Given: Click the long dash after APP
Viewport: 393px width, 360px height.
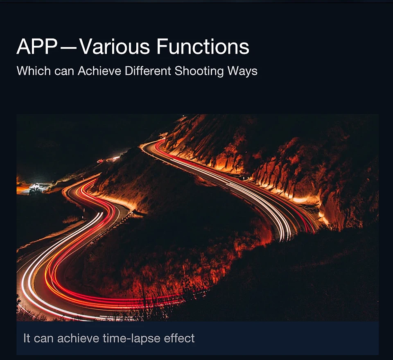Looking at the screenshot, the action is click(68, 47).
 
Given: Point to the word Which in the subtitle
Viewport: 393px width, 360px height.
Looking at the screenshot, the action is click(34, 71).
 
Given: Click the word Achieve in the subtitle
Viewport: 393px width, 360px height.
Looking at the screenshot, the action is click(99, 71).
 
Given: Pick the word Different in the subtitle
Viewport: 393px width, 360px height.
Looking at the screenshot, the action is click(148, 71).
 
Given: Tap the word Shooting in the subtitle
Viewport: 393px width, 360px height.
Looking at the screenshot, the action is click(199, 71).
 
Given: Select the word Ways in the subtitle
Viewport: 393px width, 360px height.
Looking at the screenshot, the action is click(242, 72).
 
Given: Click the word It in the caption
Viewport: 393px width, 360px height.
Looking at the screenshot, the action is click(27, 338).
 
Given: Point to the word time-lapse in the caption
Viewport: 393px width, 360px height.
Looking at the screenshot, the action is click(131, 339).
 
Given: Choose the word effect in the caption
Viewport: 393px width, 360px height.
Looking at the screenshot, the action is click(179, 338).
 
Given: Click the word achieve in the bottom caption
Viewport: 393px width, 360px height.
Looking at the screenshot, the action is click(78, 338).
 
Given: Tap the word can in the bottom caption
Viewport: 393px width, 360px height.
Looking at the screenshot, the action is click(44, 339).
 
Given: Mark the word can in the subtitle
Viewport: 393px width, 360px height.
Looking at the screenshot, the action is click(64, 72).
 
